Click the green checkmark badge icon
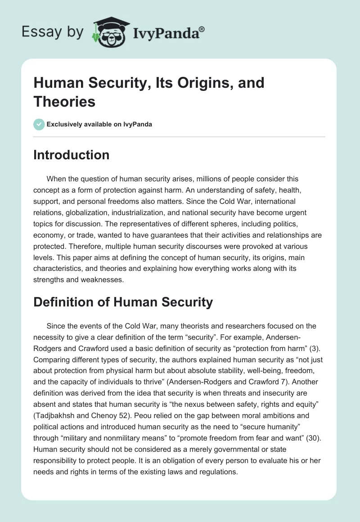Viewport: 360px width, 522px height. (39, 124)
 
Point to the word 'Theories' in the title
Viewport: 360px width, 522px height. (64, 101)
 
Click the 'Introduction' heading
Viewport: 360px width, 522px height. (72, 155)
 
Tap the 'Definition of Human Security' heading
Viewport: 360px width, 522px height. (123, 302)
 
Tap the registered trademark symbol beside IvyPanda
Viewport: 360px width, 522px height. (202, 29)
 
